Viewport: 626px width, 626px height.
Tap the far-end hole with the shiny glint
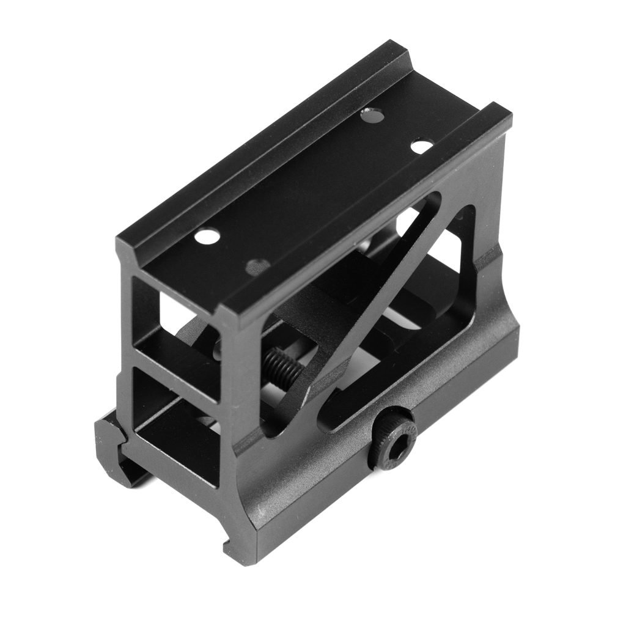[x=369, y=112]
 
